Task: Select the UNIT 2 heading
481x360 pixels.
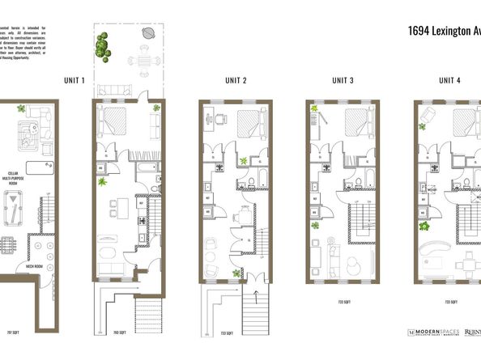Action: click(236, 80)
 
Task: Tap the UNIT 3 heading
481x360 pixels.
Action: click(343, 80)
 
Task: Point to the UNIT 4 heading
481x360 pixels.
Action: click(450, 80)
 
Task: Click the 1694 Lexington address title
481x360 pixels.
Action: click(442, 32)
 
